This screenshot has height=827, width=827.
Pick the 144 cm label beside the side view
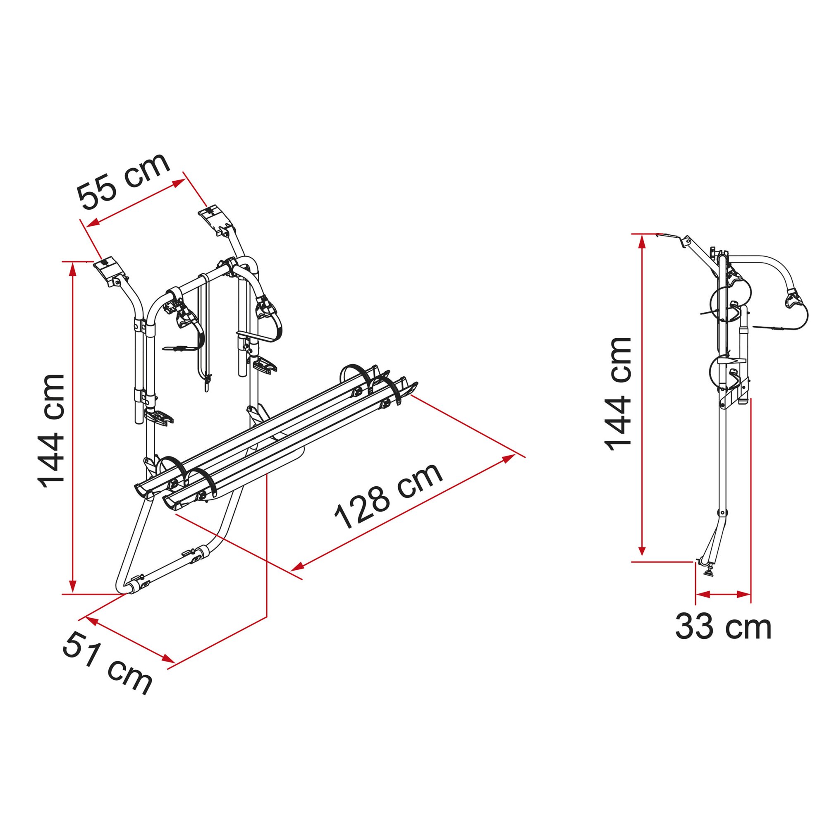[618, 394]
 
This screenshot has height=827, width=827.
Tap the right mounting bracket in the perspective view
[216, 220]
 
